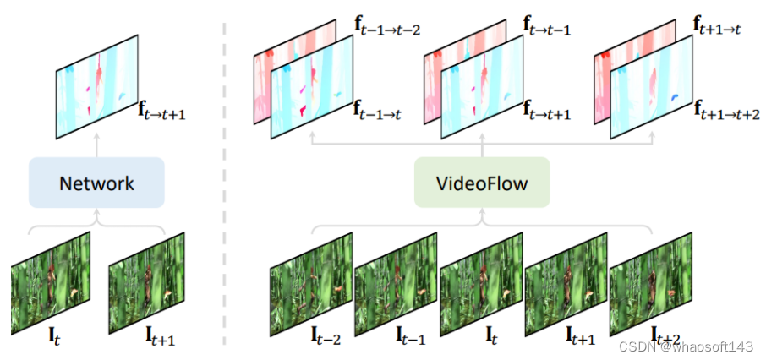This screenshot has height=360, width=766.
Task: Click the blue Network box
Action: click(96, 182)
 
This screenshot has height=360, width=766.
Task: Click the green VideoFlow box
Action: click(482, 182)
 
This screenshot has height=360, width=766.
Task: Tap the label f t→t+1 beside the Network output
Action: click(161, 109)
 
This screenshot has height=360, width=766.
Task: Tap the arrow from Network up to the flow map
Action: click(96, 147)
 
